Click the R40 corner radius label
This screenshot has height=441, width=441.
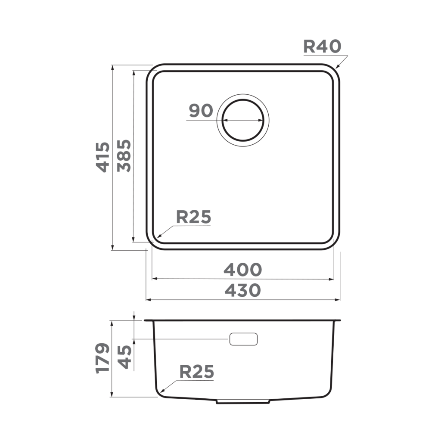pyautogui.click(x=322, y=46)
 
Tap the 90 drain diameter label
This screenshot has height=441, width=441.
pyautogui.click(x=201, y=111)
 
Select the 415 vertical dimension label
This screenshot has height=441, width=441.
pyautogui.click(x=102, y=157)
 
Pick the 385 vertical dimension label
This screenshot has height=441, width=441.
pyautogui.click(x=124, y=156)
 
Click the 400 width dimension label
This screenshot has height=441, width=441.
pyautogui.click(x=242, y=270)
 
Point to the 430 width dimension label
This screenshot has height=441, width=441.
pyautogui.click(x=242, y=290)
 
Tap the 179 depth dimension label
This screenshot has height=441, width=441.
pyautogui.click(x=102, y=358)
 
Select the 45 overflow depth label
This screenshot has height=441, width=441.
pyautogui.click(x=124, y=357)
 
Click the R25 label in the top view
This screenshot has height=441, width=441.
pyautogui.click(x=193, y=217)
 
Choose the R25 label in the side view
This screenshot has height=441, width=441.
pyautogui.click(x=196, y=371)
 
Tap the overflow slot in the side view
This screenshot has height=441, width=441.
pyautogui.click(x=243, y=339)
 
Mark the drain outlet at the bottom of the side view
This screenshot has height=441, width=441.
pyautogui.click(x=242, y=401)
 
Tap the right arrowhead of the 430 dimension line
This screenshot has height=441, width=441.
pyautogui.click(x=339, y=299)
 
